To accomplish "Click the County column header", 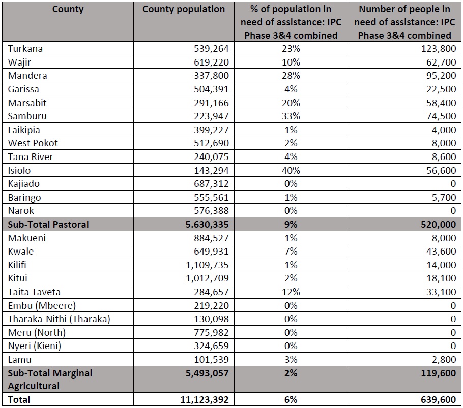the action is [x=68, y=9].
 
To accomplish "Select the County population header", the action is [x=184, y=10].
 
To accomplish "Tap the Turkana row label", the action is [x=25, y=49].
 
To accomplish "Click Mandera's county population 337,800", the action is [x=211, y=76].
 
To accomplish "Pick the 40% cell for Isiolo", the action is [x=291, y=171].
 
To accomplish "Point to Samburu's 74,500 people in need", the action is [x=441, y=116].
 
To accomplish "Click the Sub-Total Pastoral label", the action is [x=48, y=225].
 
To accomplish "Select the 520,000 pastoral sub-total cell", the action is [x=439, y=225].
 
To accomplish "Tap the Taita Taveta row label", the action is [x=34, y=292].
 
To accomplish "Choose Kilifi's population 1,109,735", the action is [x=207, y=265].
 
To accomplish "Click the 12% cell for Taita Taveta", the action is [x=291, y=292].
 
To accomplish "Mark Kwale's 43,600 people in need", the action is [x=441, y=252].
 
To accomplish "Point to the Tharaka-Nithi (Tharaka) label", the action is [x=59, y=319].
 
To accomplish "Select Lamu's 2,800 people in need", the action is [x=444, y=360].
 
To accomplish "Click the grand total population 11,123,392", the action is [x=205, y=400].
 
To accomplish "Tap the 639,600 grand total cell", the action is [x=439, y=400].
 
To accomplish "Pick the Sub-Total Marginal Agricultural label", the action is [x=50, y=380].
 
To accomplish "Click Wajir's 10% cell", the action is [x=291, y=62].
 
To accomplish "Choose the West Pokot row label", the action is [x=33, y=143].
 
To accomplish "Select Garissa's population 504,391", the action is [x=211, y=89].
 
